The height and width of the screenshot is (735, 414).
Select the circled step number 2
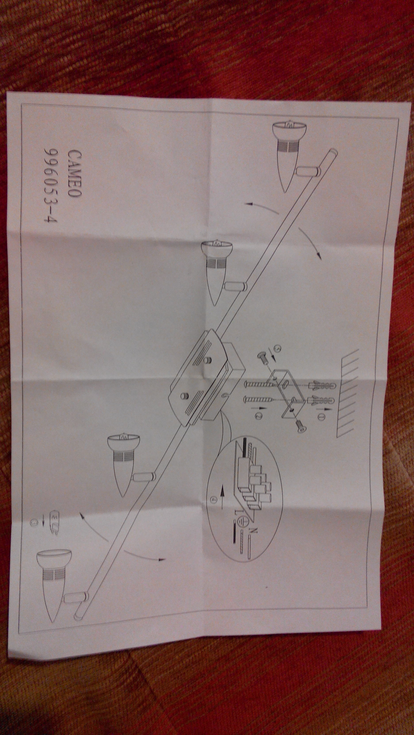(256, 417)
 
